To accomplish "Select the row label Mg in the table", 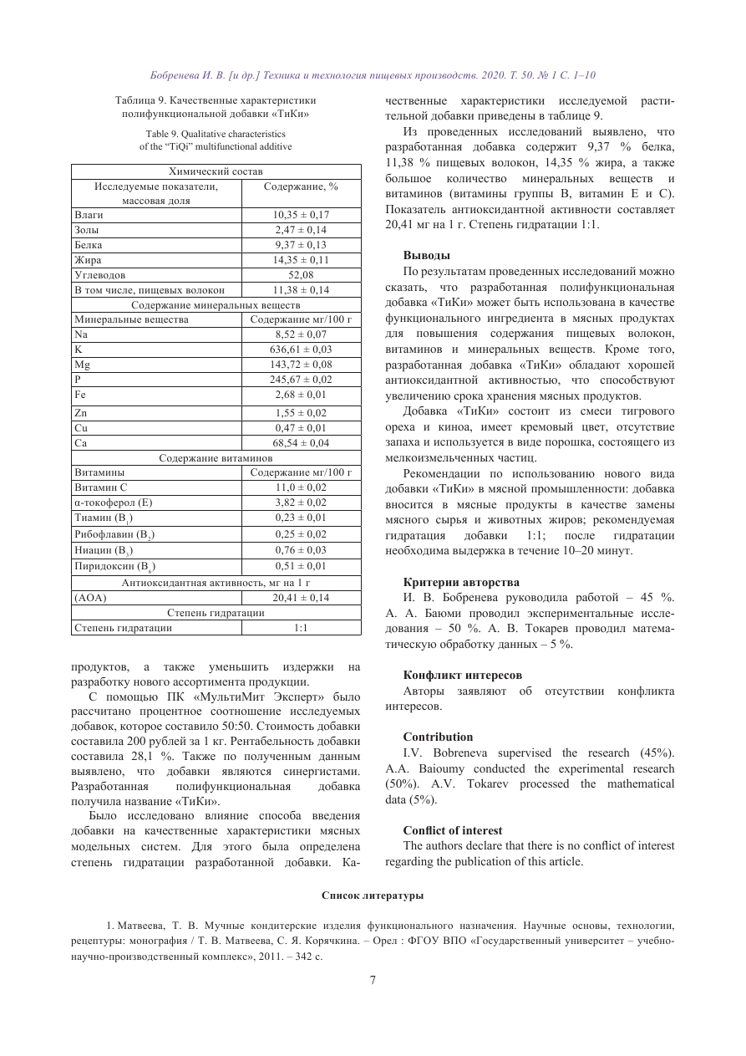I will (x=82, y=365).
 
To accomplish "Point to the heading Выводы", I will (x=426, y=254).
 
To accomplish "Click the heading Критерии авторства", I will (x=460, y=582).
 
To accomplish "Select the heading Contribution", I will (x=438, y=737).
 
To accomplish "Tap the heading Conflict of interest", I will (x=452, y=830).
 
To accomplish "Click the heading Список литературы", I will (x=373, y=895).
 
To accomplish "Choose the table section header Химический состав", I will (x=216, y=171).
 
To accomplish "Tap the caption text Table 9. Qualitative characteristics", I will (x=216, y=133).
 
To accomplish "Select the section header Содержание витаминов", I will (x=216, y=457).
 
